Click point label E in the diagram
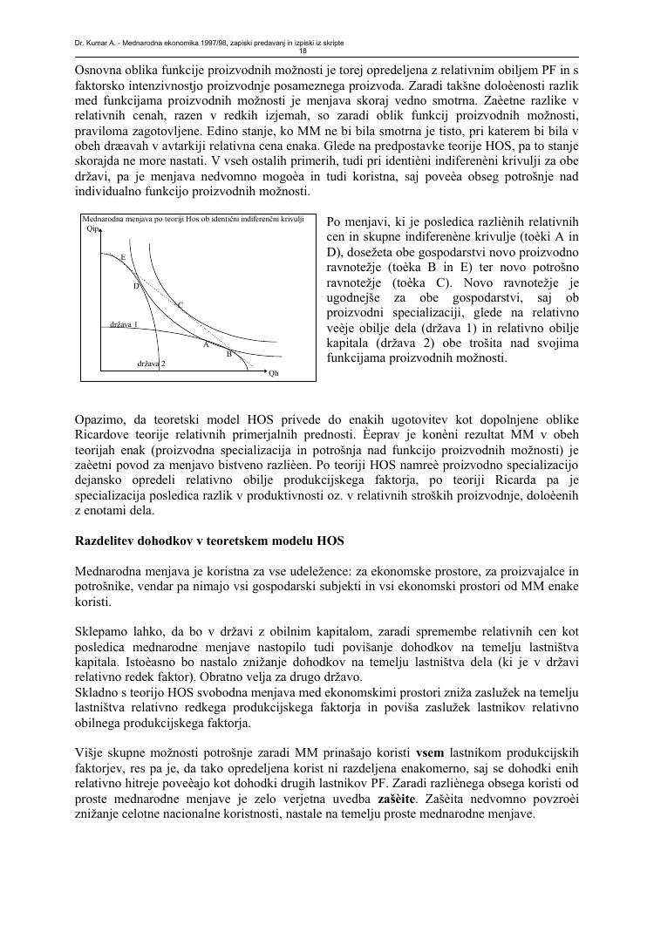123,257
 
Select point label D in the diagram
136,286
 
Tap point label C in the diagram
181,305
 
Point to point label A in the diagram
207,344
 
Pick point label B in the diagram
228,354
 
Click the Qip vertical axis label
93,229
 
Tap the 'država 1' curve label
124,324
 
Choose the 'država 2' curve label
152,362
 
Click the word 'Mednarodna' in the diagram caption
102,218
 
